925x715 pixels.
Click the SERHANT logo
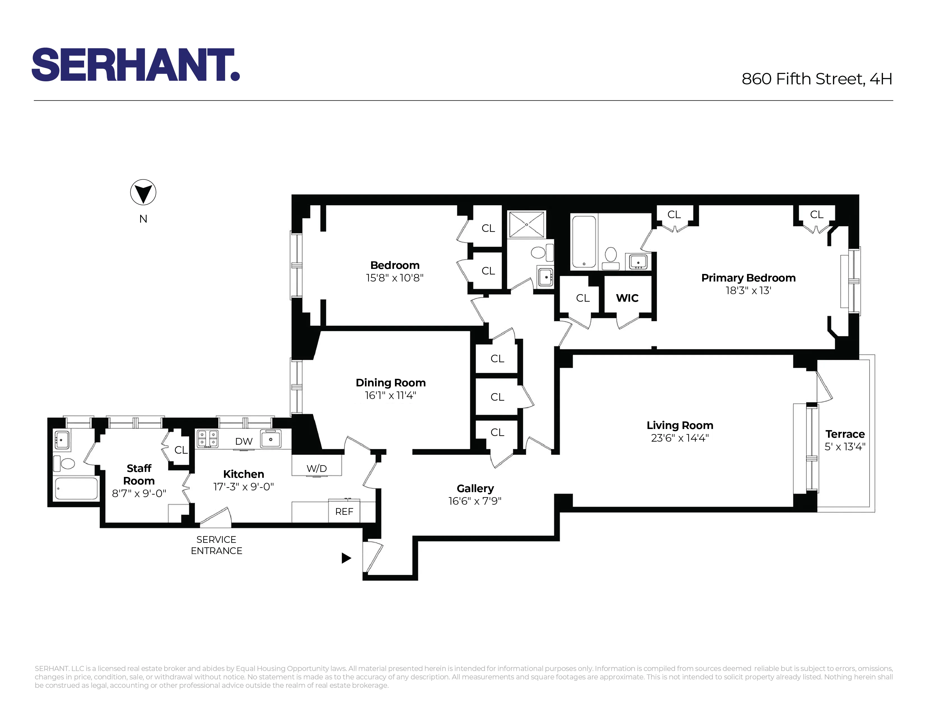coord(136,64)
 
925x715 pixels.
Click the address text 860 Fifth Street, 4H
coord(817,79)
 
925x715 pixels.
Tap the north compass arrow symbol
coord(143,192)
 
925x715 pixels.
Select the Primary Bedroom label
coord(748,278)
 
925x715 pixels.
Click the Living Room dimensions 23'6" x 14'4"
coord(679,438)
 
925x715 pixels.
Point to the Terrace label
coord(845,434)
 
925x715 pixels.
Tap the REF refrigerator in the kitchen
coord(344,512)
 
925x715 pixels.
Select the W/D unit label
coord(316,469)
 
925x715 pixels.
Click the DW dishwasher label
coord(244,441)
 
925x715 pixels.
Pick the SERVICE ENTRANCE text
coord(216,545)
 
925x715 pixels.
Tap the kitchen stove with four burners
coord(207,439)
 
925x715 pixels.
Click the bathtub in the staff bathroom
coord(76,488)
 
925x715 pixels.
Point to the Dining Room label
coord(390,383)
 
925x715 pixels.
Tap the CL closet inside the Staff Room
coord(181,450)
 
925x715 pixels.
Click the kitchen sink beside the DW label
coord(271,439)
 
